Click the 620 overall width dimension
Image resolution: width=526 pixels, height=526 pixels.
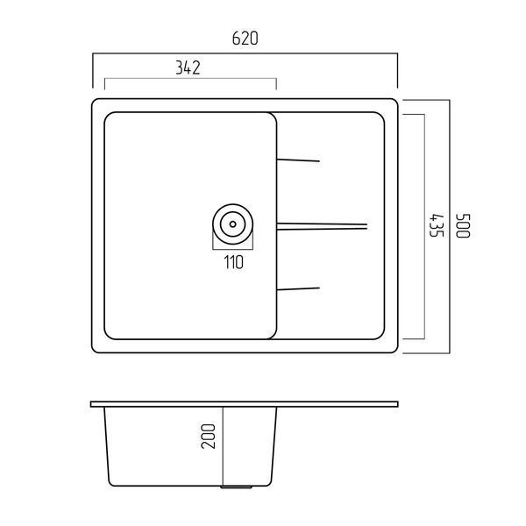click(245, 39)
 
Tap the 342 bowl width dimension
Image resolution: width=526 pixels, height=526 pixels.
click(188, 68)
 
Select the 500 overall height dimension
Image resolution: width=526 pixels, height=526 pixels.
click(463, 226)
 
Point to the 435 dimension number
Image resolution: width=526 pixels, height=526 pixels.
click(437, 225)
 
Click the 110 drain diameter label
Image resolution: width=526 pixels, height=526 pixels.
click(234, 262)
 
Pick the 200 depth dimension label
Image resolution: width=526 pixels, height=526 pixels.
click(208, 436)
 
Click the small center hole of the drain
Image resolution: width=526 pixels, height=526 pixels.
click(233, 224)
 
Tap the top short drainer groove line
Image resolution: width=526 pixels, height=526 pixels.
click(298, 160)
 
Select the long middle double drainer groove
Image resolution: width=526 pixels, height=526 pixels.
click(322, 226)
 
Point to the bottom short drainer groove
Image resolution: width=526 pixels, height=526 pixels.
click(298, 288)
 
